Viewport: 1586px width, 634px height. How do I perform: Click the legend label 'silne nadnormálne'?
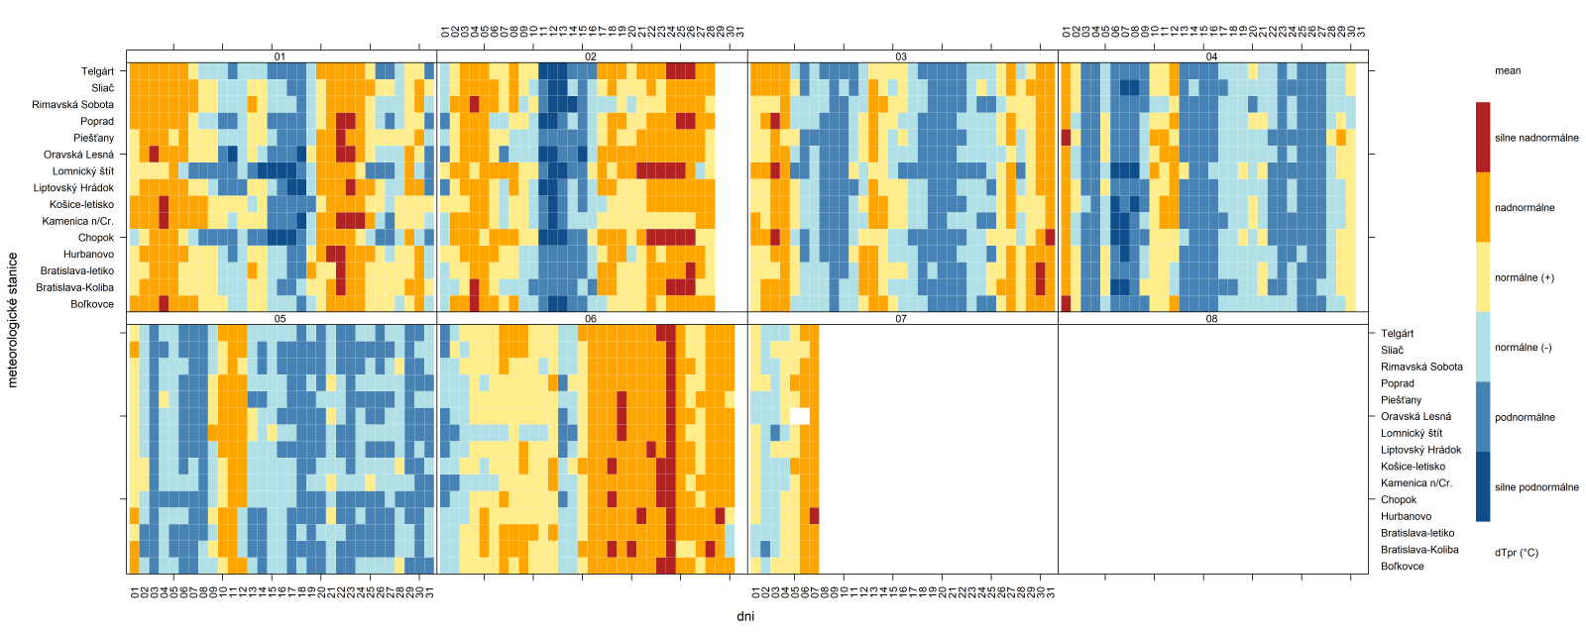1536,138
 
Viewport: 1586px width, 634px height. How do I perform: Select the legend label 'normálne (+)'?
1524,277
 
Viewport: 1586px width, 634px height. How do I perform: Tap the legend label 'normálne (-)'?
1523,348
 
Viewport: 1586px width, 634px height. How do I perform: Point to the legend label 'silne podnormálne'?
1536,487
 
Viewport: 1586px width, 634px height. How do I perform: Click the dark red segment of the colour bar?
1482,138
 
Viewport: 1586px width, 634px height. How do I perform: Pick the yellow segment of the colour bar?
1482,277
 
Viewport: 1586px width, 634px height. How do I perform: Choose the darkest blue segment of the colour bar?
1482,486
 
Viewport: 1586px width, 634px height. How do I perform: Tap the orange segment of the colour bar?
1482,208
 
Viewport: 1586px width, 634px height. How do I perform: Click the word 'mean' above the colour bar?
1507,70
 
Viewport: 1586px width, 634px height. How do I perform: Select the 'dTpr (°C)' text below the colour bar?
1516,553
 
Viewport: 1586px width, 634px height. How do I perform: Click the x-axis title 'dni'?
745,616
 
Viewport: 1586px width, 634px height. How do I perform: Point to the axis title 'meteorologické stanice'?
13,319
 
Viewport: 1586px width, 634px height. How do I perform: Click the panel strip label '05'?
281,319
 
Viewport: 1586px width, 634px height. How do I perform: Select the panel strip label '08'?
1211,319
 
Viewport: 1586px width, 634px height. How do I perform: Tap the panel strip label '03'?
901,56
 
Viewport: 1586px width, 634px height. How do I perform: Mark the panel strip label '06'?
591,319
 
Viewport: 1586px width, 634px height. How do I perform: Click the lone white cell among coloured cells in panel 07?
799,416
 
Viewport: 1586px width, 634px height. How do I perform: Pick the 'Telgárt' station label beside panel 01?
97,71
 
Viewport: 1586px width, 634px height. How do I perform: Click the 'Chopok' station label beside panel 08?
1399,500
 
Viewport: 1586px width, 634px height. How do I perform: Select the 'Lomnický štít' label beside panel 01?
83,171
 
